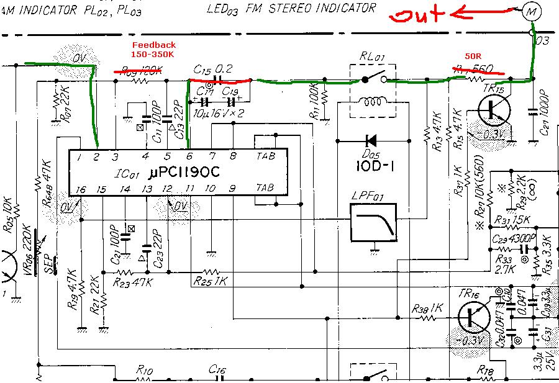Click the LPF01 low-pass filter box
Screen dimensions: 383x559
pos(374,222)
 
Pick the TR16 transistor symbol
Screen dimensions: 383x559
pos(475,316)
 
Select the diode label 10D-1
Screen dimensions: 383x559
pos(372,168)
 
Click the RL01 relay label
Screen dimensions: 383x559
pos(373,58)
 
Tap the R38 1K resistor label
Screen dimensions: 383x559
pos(426,308)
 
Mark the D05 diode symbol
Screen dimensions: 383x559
pos(373,140)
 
